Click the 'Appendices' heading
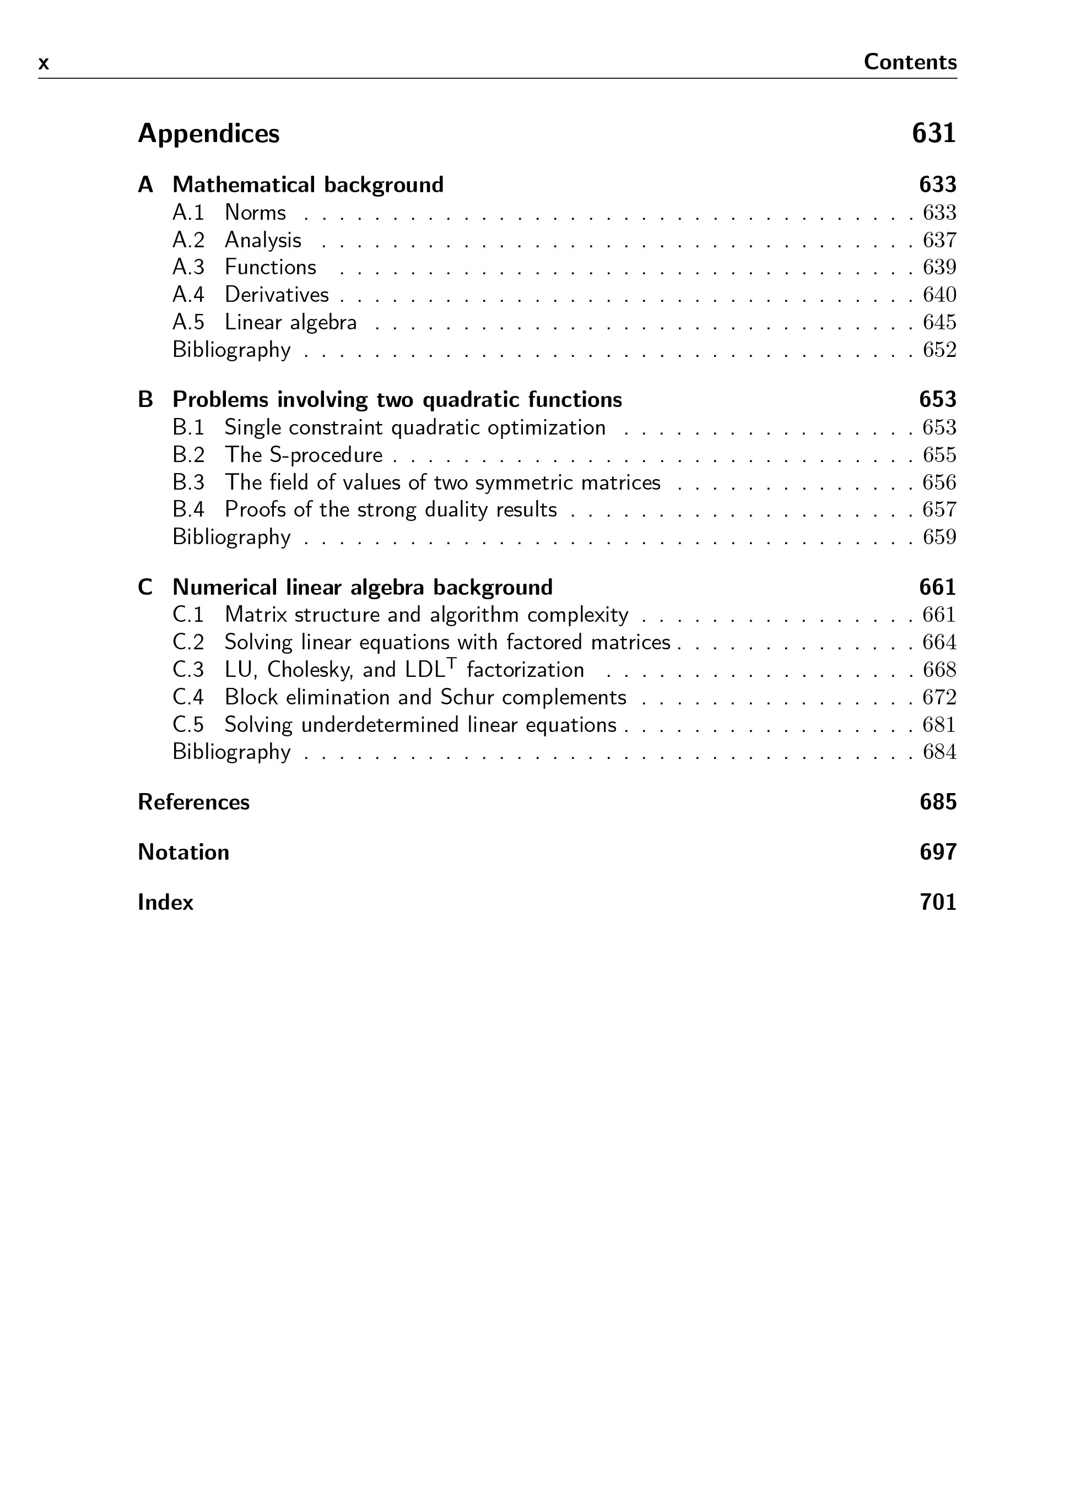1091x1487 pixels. (208, 134)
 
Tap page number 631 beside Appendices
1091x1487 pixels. (933, 134)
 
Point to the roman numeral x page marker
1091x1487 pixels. (44, 64)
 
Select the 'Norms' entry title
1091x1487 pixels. (255, 213)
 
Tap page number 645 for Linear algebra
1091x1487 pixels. (939, 322)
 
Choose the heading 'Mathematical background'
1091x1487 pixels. (308, 185)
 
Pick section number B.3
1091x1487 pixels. (188, 482)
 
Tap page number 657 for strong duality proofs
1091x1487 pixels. (939, 509)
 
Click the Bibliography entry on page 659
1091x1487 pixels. (231, 537)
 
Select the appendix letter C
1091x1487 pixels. (145, 588)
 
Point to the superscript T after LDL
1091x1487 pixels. (451, 663)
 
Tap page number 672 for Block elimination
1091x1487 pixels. (939, 698)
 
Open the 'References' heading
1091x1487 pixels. (193, 802)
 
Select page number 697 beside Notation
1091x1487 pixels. (938, 852)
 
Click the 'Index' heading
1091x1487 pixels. (165, 902)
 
